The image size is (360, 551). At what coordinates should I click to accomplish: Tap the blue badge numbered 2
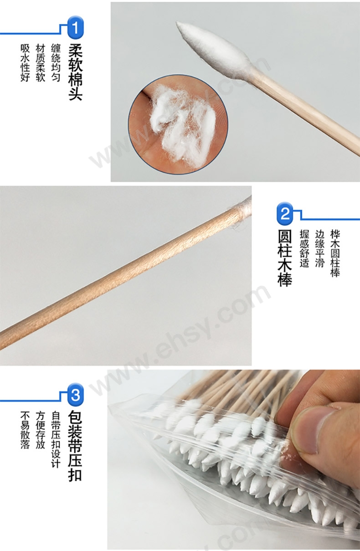click(285, 213)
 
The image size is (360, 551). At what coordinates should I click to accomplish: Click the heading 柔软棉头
click(76, 72)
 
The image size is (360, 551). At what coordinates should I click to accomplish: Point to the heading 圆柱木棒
click(285, 257)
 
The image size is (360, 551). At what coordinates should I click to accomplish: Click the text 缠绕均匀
click(56, 62)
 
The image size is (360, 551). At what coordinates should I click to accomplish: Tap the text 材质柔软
click(41, 62)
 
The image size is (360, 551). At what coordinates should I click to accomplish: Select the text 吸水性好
click(25, 62)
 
